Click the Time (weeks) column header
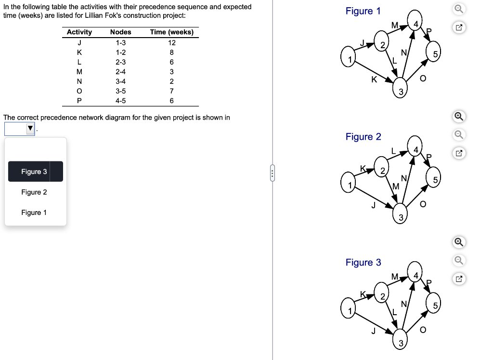[x=171, y=32]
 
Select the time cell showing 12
[x=171, y=42]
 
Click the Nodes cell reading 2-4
[x=120, y=72]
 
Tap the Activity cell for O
[x=79, y=91]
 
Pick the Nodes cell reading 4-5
[x=120, y=101]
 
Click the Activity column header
[x=79, y=32]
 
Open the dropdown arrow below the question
[x=30, y=129]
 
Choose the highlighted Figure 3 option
[x=35, y=172]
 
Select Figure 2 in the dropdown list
[x=34, y=192]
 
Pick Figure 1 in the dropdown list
[x=34, y=213]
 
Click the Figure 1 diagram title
[x=363, y=11]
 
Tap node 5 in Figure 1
[x=435, y=55]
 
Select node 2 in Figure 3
[x=382, y=296]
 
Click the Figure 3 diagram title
[x=363, y=263]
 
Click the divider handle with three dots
[x=272, y=173]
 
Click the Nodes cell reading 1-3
[x=120, y=42]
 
